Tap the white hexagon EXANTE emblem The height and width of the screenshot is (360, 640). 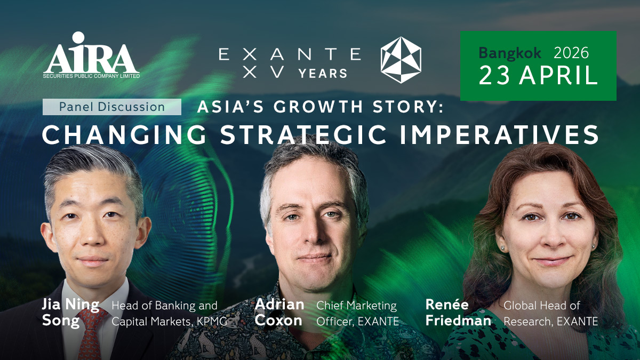401,60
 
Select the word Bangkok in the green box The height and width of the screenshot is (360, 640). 510,53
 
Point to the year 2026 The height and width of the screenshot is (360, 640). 571,53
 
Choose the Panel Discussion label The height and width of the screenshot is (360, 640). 112,107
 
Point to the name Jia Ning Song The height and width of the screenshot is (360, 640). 70,313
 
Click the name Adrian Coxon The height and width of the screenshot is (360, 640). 279,313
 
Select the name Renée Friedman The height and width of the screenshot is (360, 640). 458,313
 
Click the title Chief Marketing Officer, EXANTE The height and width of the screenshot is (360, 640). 357,314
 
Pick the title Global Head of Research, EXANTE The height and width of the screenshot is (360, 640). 550,314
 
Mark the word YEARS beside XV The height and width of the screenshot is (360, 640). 323,73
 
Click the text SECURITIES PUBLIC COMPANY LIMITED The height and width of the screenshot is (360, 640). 91,76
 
